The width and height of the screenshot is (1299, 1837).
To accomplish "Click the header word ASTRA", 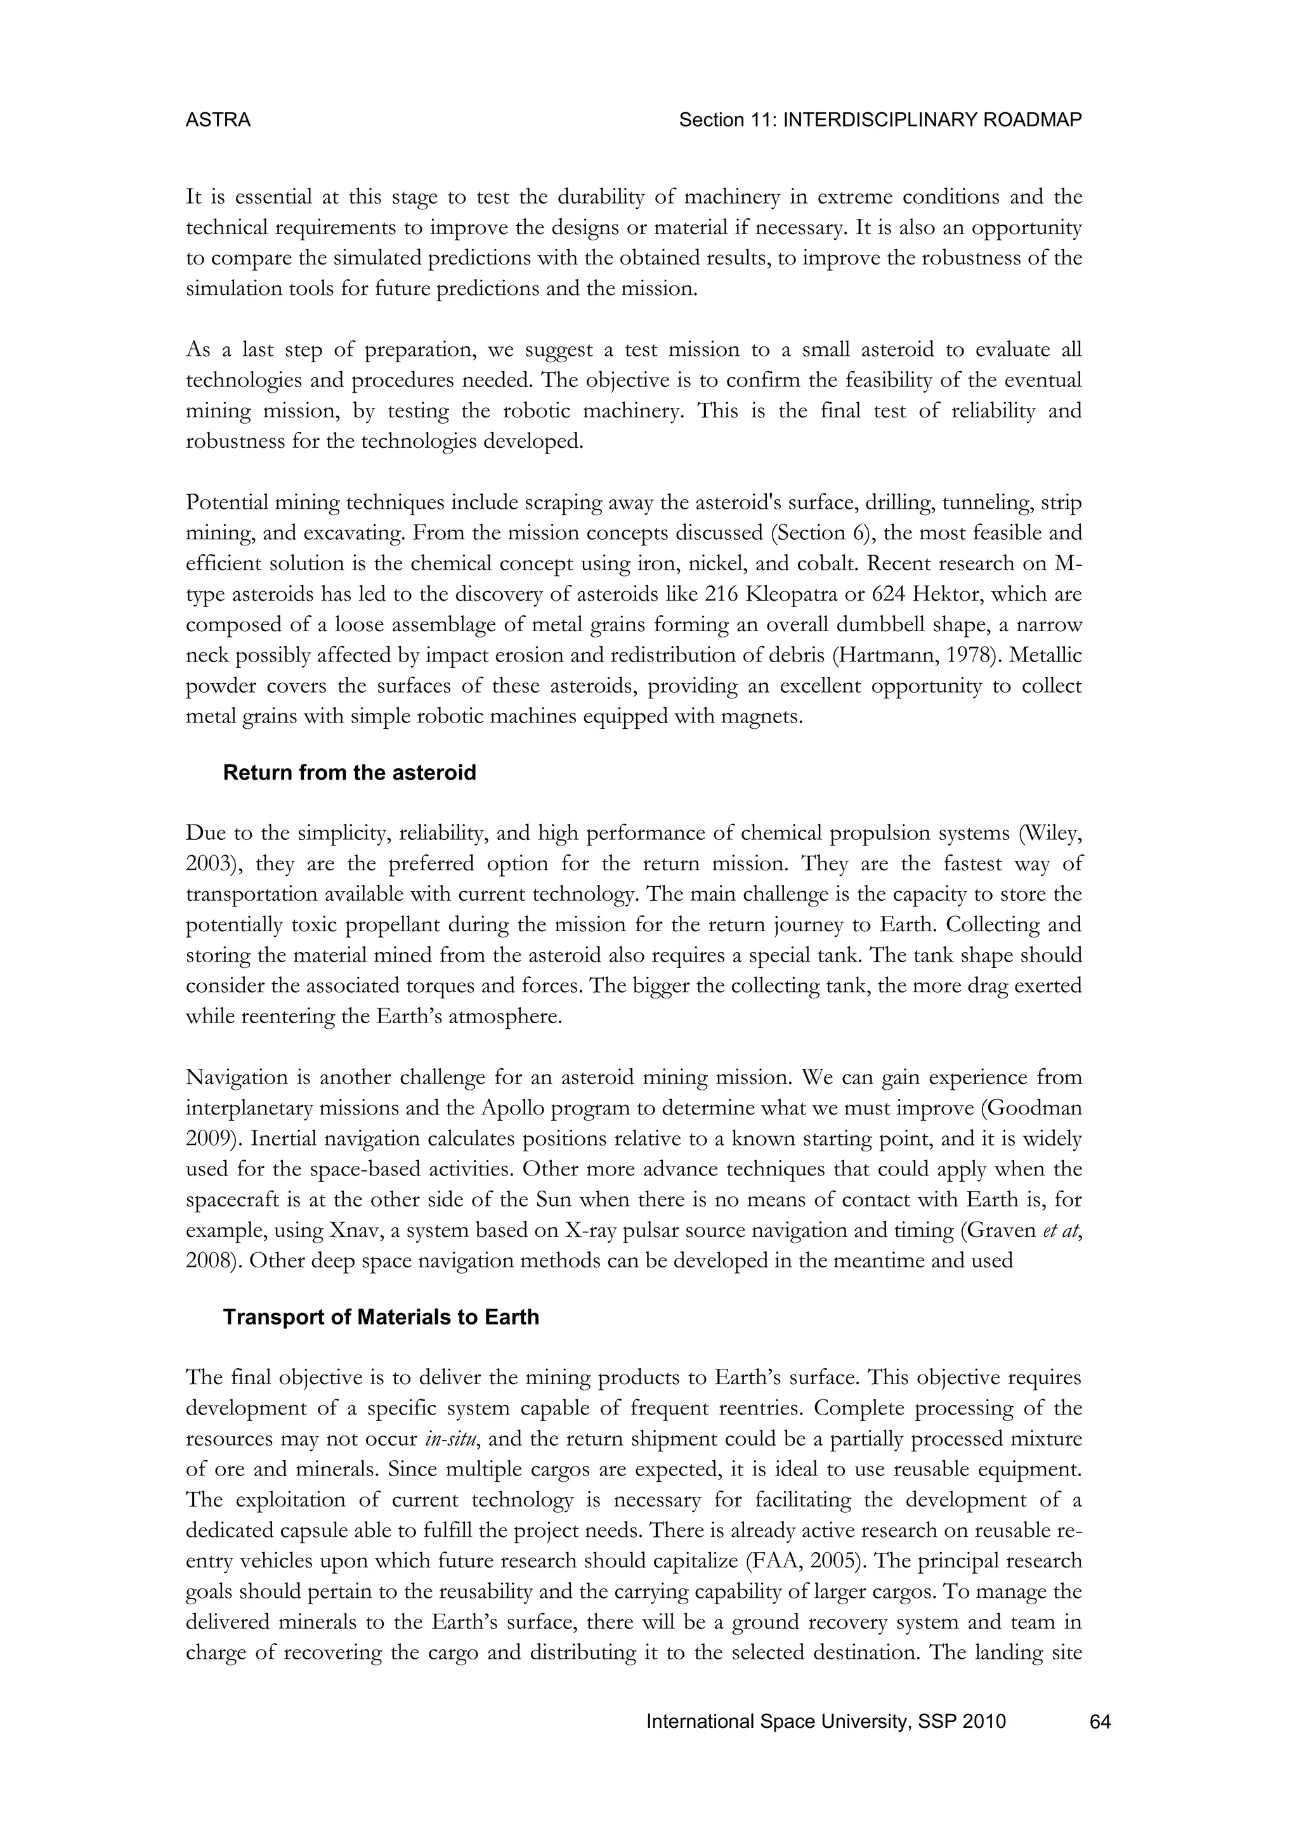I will tap(218, 120).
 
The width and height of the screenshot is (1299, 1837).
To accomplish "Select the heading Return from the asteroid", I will tap(349, 773).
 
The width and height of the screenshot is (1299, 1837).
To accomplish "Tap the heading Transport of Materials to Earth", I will tap(381, 1317).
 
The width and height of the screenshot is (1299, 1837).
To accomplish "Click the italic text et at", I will tap(1061, 1230).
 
